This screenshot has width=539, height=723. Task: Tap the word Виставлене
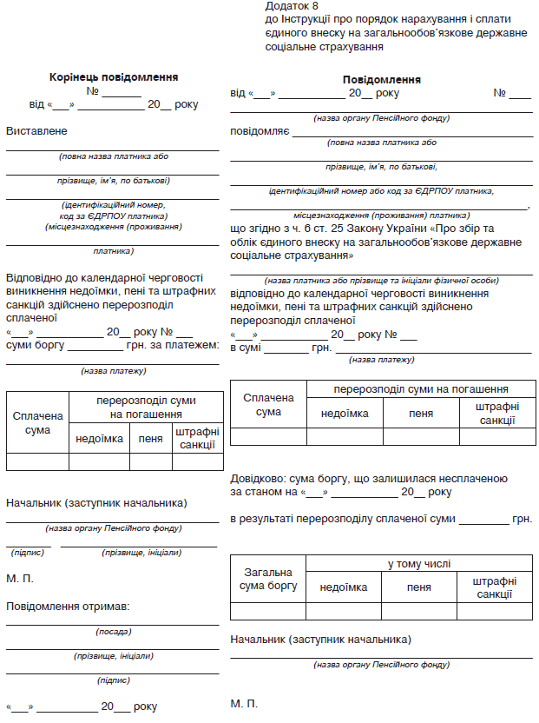click(x=36, y=131)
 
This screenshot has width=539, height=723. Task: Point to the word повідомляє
click(x=260, y=132)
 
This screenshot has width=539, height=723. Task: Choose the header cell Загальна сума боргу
click(x=268, y=579)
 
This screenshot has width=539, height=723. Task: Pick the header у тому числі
click(x=419, y=565)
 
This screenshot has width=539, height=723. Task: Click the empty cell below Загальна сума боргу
click(x=268, y=611)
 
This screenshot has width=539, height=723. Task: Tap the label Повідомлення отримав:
click(x=68, y=606)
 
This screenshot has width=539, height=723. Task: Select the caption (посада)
click(x=114, y=632)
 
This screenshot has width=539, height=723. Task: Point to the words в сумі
click(x=246, y=348)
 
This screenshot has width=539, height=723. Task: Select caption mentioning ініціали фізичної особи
click(x=382, y=280)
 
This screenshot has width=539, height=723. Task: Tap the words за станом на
click(x=264, y=492)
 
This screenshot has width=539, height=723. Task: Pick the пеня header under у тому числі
click(x=419, y=587)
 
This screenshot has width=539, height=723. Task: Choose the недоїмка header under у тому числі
click(x=344, y=587)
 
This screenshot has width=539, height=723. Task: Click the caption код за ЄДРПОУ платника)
click(x=114, y=216)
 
